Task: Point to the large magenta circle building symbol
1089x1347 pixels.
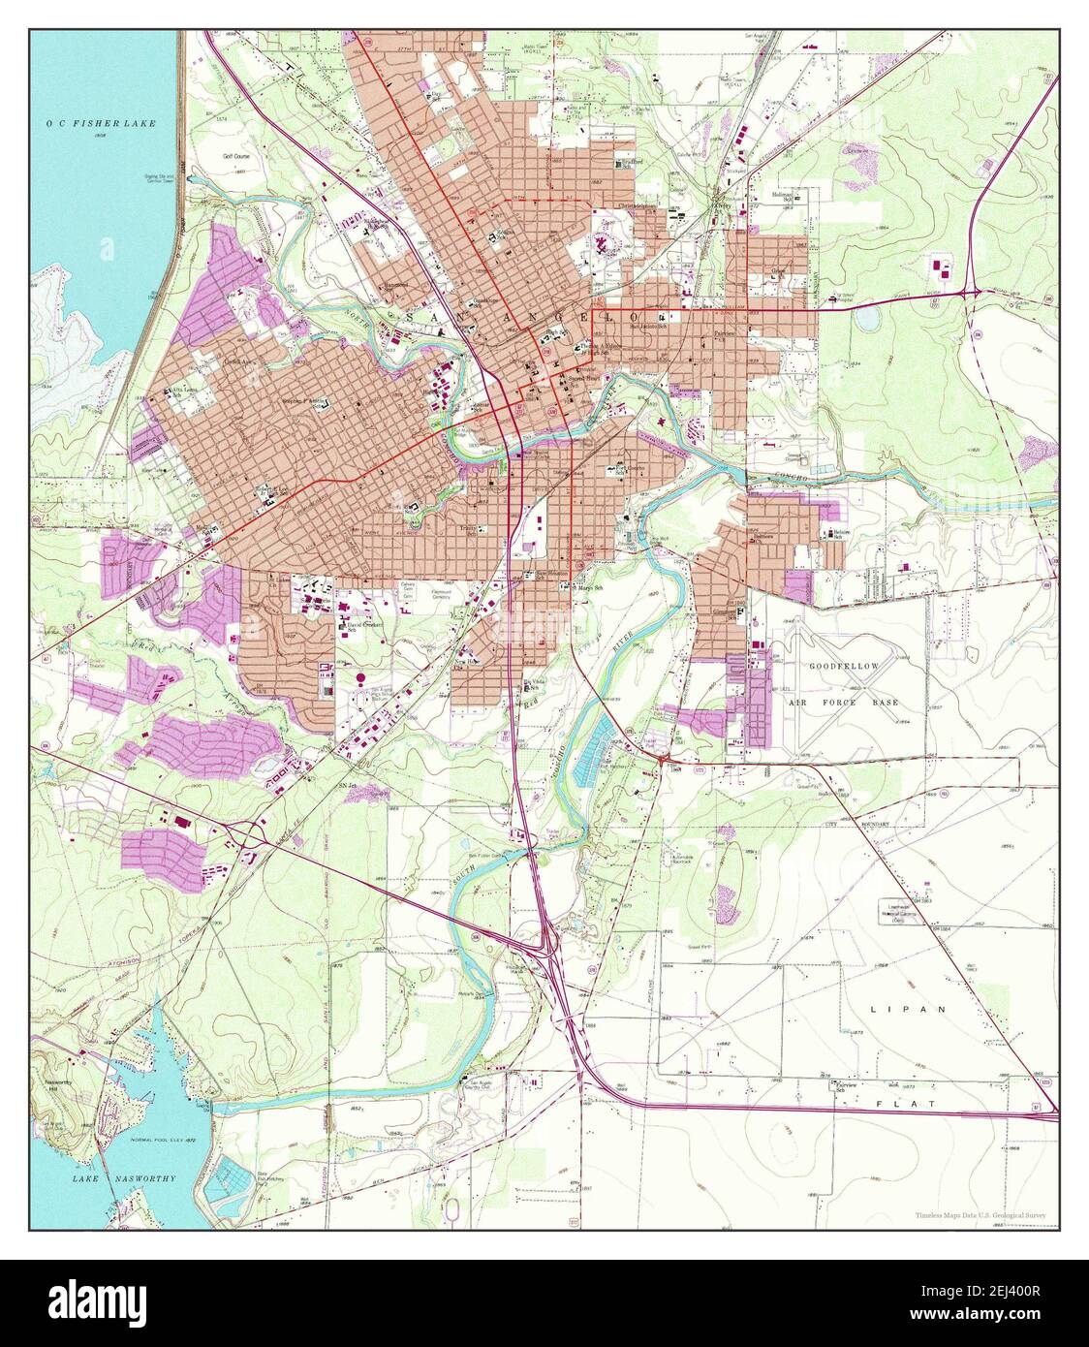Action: click(360, 679)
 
